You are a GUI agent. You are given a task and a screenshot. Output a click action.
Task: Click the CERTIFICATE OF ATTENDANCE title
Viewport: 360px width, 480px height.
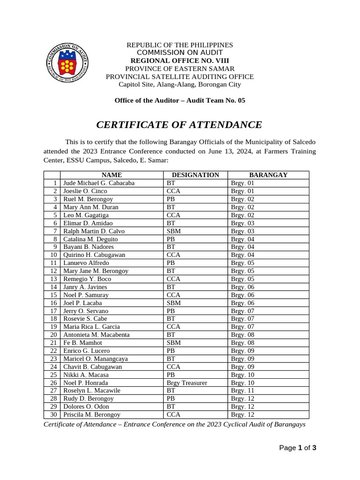[x=179, y=125]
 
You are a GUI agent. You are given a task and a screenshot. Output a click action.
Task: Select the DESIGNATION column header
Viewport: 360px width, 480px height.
[x=195, y=175]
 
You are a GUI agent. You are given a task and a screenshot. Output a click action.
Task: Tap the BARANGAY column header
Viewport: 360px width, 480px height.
[x=268, y=175]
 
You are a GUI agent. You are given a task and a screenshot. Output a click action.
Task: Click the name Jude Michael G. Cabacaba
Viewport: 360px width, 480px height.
[x=99, y=183]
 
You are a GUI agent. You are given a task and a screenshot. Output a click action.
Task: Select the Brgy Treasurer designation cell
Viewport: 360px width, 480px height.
[x=187, y=382]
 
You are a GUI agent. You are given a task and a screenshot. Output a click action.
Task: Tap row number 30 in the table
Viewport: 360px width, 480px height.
[x=53, y=414]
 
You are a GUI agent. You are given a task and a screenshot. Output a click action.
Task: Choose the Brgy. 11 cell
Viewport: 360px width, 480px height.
[x=242, y=390]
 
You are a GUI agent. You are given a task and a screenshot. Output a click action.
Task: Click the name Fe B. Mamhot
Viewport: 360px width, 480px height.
[x=83, y=343]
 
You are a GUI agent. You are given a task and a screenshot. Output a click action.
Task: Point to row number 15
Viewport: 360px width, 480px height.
[x=53, y=295]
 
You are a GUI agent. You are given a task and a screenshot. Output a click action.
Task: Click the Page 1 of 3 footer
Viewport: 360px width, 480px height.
[x=298, y=448]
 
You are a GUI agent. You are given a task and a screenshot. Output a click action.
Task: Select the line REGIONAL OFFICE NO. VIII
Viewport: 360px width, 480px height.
[x=180, y=60]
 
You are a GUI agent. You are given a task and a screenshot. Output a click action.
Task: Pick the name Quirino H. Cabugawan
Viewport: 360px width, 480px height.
[x=94, y=255]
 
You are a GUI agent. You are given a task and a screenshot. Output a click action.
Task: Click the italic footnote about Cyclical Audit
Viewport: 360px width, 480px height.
[x=174, y=424]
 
